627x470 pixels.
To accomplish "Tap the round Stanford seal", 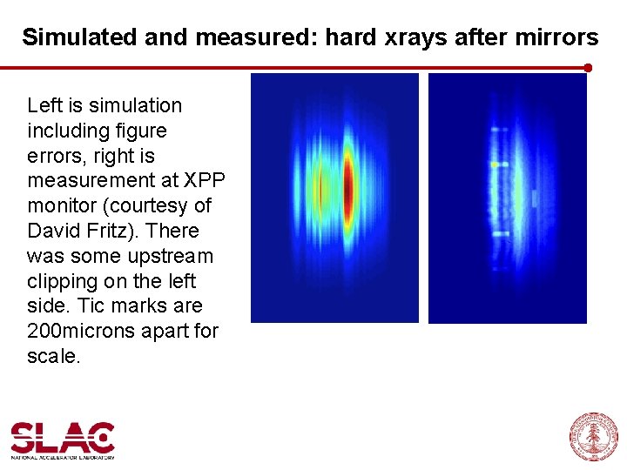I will point(594,437).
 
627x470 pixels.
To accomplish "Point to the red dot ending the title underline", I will point(588,67).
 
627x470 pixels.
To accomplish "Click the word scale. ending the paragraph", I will point(53,357).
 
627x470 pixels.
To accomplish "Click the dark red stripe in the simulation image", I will point(348,187).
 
